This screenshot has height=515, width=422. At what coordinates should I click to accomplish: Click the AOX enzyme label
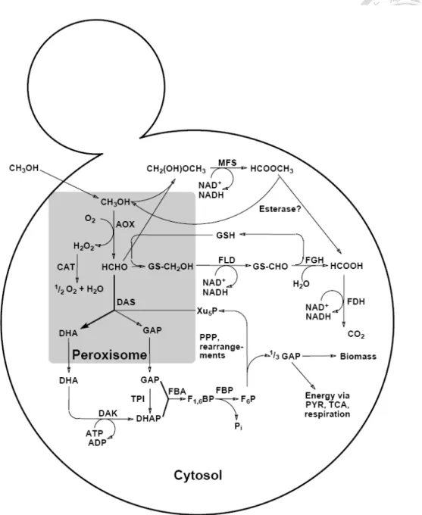click(x=125, y=224)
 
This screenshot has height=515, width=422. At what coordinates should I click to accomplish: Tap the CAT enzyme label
click(x=66, y=267)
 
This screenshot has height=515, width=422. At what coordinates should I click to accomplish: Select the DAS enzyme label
click(x=126, y=302)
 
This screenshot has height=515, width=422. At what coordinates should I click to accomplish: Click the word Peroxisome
click(x=109, y=354)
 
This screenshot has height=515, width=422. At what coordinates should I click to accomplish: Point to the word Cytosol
click(x=198, y=475)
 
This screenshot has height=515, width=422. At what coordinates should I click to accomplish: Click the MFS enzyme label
click(x=227, y=163)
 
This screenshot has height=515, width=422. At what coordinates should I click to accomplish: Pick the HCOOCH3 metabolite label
click(x=272, y=169)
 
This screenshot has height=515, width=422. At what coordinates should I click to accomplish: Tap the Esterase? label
click(x=280, y=209)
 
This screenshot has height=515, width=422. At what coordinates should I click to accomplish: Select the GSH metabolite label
click(x=226, y=236)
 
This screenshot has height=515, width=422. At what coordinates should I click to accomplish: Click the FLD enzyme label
click(x=227, y=260)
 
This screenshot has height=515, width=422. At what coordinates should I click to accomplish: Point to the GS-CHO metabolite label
click(x=270, y=267)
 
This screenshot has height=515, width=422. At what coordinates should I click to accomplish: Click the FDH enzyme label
click(x=356, y=301)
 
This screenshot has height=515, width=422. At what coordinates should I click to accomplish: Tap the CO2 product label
click(x=356, y=335)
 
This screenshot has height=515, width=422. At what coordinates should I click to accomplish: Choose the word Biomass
click(x=358, y=357)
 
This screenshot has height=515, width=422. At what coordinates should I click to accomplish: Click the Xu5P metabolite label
click(x=207, y=311)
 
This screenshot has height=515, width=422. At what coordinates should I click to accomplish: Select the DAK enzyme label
click(x=108, y=414)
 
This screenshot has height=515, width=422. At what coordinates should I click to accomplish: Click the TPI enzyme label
click(x=138, y=398)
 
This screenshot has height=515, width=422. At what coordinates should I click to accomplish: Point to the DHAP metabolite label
click(x=148, y=419)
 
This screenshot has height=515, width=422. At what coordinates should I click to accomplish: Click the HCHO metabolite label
click(x=114, y=267)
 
